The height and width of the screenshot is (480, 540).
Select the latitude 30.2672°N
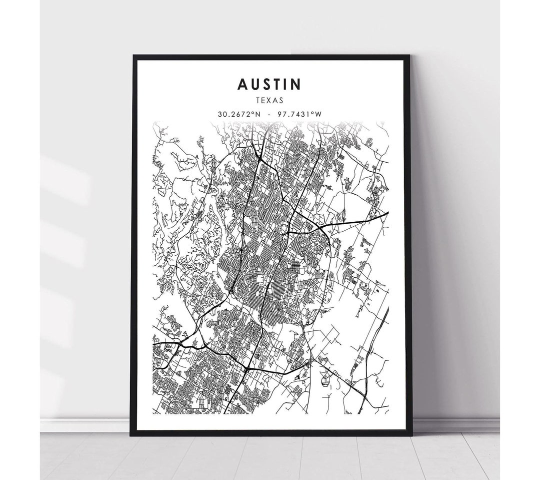(239, 114)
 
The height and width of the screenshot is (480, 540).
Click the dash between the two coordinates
(269, 114)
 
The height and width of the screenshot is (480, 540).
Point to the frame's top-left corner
(133, 56)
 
